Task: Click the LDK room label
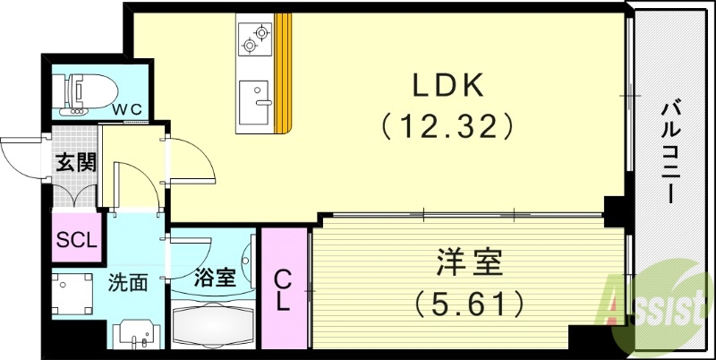click(x=447, y=86)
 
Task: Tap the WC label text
click(x=126, y=108)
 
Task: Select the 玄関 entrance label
click(x=75, y=164)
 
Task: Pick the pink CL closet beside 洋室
click(x=282, y=288)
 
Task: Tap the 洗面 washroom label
click(x=128, y=284)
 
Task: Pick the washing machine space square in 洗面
click(x=74, y=295)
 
